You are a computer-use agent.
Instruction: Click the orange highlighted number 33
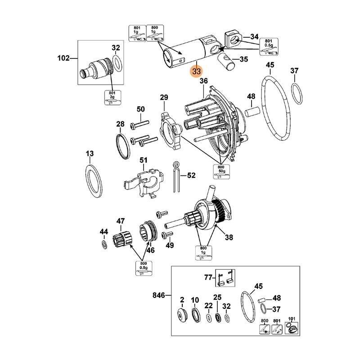197,72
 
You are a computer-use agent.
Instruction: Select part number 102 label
64,58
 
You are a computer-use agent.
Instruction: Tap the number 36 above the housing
203,81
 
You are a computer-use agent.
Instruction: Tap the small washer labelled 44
104,244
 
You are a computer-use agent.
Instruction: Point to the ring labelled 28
123,146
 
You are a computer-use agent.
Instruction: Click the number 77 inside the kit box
207,278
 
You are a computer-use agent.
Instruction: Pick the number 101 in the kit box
292,319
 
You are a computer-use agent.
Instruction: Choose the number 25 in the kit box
217,298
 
